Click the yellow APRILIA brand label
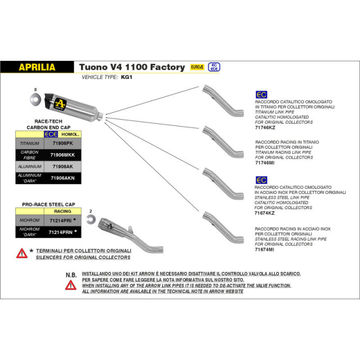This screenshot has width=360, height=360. click(37, 67)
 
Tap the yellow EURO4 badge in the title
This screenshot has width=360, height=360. click(197, 67)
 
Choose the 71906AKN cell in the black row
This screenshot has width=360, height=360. click(63, 178)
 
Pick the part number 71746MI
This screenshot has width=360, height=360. click(264, 163)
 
